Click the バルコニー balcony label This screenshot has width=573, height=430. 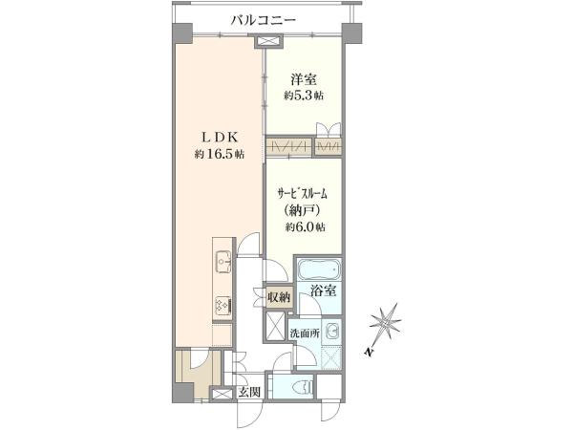[x=264, y=20]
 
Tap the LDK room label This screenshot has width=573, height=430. [x=221, y=138]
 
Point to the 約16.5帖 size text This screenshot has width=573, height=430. [x=220, y=154]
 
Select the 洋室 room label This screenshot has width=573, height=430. [x=304, y=79]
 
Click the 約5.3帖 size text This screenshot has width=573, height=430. [x=304, y=96]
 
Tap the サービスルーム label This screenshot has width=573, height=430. [x=302, y=193]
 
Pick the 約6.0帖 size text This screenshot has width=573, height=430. [x=306, y=227]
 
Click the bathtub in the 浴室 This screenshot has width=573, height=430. [x=320, y=269]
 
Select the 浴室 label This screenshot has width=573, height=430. [x=324, y=291]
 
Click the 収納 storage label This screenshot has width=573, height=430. [x=279, y=296]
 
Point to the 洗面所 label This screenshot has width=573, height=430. [x=305, y=333]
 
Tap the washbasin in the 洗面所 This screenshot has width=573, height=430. [x=332, y=332]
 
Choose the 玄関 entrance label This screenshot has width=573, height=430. [x=249, y=393]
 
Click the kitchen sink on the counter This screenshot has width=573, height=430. [x=223, y=262]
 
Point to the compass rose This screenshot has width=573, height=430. [x=386, y=323]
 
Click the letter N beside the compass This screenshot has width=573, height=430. [x=371, y=352]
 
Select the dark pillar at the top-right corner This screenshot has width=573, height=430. [x=351, y=33]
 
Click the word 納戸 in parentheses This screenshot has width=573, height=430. [x=302, y=210]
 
